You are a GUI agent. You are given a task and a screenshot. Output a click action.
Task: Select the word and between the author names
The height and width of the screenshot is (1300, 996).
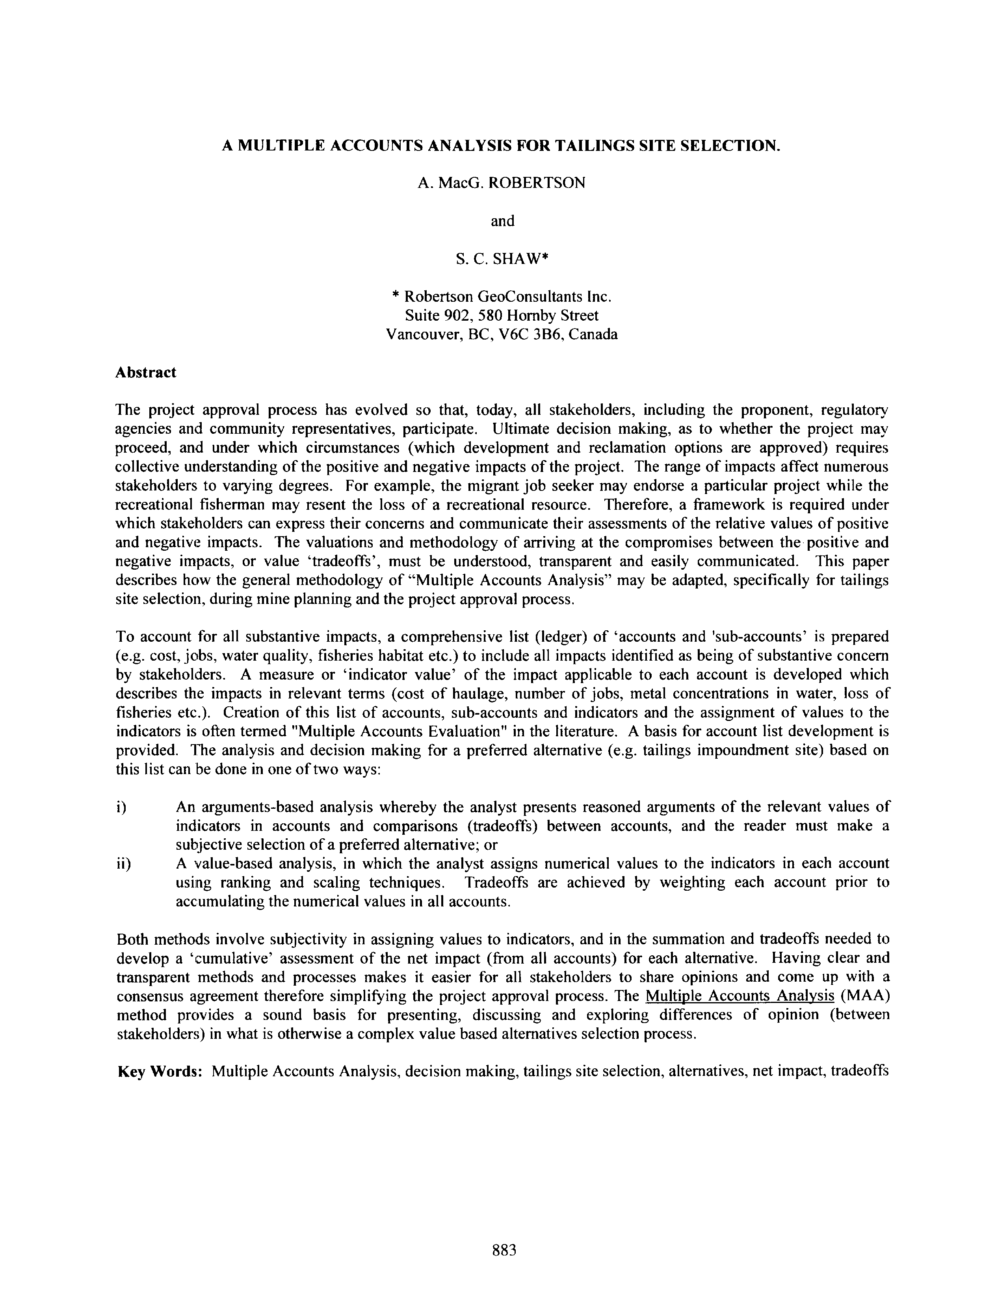[502, 221]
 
